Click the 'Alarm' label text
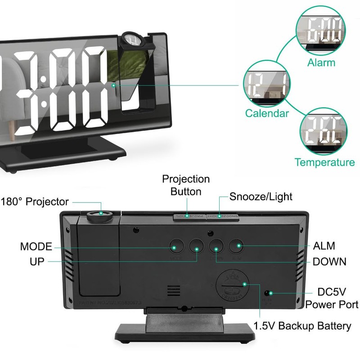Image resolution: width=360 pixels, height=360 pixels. [321, 63]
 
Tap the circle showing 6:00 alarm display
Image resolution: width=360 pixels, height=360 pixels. [321, 31]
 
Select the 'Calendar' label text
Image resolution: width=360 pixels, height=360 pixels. [267, 113]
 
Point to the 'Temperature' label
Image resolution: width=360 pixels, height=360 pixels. [324, 162]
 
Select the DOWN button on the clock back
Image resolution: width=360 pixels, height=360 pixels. [216, 247]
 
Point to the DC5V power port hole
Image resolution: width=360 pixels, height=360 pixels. [268, 293]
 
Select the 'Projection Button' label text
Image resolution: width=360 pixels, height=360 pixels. [186, 184]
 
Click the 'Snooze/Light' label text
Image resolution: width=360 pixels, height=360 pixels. [261, 197]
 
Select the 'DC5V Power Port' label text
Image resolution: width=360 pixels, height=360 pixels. [332, 298]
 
